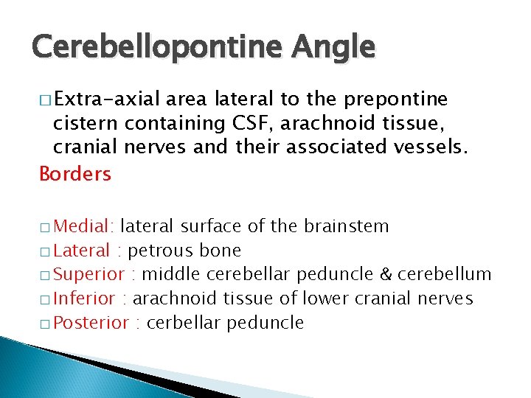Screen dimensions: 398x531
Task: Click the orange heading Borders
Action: click(75, 174)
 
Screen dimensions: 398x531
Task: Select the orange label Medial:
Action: click(85, 226)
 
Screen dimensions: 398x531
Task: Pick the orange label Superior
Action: click(89, 274)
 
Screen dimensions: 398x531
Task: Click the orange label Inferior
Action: click(85, 298)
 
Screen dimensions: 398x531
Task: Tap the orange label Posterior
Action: click(92, 323)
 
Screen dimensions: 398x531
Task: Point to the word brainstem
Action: click(349, 226)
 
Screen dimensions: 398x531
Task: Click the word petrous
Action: click(156, 250)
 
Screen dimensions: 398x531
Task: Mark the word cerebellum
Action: click(445, 274)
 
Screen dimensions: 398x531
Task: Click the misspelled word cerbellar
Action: click(184, 323)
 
